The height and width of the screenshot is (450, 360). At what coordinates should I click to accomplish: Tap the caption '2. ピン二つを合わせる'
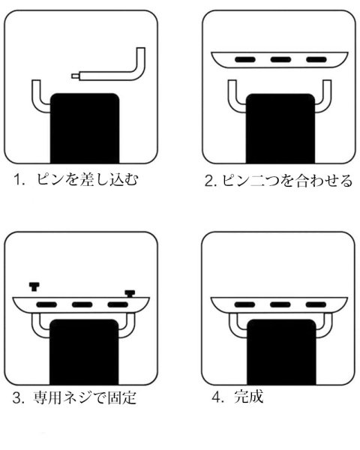277,181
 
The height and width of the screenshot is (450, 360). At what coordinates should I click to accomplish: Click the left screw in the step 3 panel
34,285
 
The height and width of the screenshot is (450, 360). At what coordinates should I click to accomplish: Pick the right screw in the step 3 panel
129,293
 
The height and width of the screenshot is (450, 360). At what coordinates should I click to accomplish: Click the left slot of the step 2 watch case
245,59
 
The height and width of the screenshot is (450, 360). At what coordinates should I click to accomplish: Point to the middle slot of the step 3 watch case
82,306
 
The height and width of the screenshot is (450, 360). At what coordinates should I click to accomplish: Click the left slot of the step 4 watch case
245,306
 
